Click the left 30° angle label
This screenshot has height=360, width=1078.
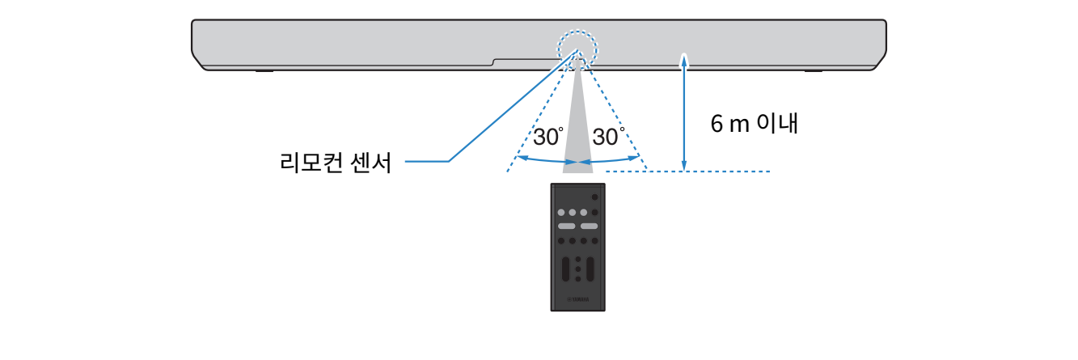click(548, 137)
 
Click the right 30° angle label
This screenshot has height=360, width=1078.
click(608, 137)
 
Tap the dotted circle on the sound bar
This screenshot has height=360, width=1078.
click(577, 49)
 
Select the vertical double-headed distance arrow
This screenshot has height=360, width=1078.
click(684, 112)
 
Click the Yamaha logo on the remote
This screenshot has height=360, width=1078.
click(577, 302)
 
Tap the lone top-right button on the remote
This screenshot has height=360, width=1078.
click(594, 197)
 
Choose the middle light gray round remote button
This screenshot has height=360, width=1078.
click(572, 212)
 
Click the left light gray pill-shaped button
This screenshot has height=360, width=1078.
click(566, 227)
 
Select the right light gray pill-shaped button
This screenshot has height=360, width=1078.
click(589, 227)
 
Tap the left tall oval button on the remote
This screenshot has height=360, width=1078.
click(565, 269)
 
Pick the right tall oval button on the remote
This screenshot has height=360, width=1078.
click(590, 269)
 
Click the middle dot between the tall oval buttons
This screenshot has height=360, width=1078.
click(577, 269)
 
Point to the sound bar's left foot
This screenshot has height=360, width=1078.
click(264, 71)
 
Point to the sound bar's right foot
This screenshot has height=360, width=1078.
click(813, 71)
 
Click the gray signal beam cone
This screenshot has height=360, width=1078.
click(577, 129)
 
